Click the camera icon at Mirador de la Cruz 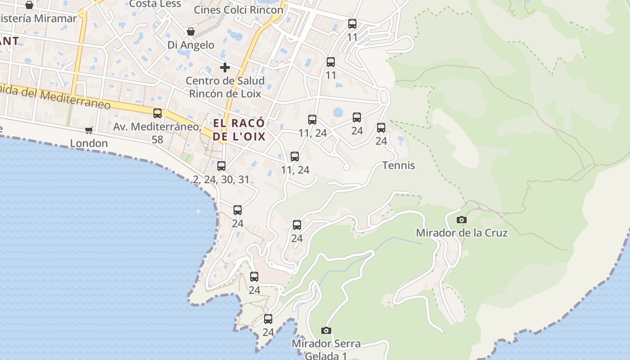(x=461, y=220)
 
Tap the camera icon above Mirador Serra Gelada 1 (x=326, y=331)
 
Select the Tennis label (x=399, y=166)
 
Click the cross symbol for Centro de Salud (x=225, y=68)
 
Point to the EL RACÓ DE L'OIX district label (x=239, y=130)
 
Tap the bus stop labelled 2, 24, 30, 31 (x=221, y=166)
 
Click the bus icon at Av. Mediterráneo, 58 (x=157, y=113)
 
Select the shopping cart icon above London (x=89, y=130)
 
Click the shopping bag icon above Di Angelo (x=191, y=32)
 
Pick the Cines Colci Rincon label (x=238, y=9)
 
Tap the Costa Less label (x=155, y=4)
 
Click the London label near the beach (x=89, y=144)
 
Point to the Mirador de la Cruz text (x=461, y=233)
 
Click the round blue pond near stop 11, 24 (x=338, y=112)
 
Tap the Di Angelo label (x=191, y=45)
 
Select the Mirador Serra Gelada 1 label (x=326, y=349)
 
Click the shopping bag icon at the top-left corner (x=29, y=5)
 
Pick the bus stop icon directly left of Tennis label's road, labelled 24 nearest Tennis (x=381, y=128)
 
